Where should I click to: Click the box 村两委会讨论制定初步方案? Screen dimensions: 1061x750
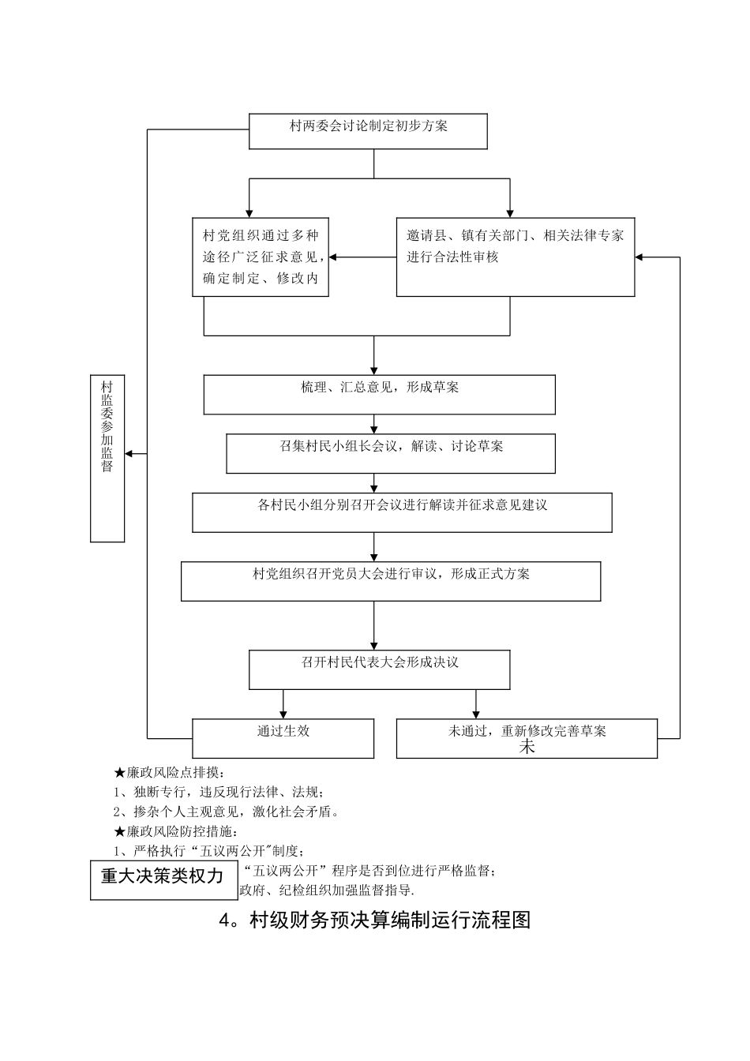368,131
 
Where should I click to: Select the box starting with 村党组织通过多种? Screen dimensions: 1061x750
261,257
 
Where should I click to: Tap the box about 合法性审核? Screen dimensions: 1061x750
515,257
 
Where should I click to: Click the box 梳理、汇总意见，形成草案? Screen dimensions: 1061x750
379,394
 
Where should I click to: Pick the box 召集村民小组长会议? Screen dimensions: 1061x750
391,453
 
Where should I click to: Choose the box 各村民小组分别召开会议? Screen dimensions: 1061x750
402,512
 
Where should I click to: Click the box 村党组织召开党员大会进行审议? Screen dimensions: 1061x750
391,581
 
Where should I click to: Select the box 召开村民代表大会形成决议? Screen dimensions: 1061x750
379,669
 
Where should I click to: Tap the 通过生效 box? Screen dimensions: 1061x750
283,738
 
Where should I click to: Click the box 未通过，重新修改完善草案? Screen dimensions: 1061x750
527,738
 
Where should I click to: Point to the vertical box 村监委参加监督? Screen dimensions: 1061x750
107,458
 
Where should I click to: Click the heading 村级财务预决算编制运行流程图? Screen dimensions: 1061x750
374,920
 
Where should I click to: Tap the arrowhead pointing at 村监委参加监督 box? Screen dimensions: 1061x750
130,453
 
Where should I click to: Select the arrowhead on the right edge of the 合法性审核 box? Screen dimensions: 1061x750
640,257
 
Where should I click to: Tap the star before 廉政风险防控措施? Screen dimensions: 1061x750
120,831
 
